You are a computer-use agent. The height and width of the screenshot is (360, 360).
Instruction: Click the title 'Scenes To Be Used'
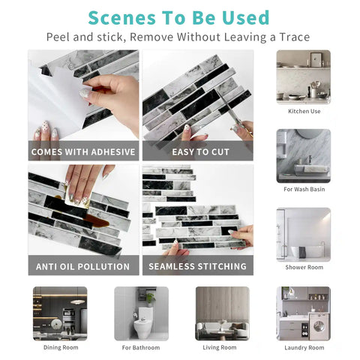point(178,18)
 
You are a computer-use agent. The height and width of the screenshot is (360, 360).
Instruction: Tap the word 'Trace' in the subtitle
point(295,37)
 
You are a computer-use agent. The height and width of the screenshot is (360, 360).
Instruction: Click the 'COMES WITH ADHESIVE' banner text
point(83,151)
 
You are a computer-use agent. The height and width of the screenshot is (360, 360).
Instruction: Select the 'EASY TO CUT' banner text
point(200,152)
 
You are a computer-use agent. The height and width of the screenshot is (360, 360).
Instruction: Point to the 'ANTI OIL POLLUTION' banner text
point(82,266)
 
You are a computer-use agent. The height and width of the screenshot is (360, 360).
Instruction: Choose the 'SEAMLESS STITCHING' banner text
point(197,266)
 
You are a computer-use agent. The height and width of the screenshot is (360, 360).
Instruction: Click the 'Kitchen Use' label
point(304,111)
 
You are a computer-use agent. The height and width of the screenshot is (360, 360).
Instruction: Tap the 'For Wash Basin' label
point(304,189)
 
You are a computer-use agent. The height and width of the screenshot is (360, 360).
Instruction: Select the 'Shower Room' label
point(304,267)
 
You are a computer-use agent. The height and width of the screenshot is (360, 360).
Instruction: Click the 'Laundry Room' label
point(304,348)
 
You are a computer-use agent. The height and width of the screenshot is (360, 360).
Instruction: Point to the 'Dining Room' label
point(61,347)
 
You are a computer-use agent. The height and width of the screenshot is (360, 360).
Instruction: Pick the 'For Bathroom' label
point(141,348)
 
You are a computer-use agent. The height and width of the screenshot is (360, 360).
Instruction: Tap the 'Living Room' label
point(220,347)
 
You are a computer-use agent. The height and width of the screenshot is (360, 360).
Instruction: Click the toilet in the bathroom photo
point(142,322)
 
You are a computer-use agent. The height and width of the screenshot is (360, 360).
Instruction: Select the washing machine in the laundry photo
point(319,325)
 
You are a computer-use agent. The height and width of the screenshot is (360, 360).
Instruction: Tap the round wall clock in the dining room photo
point(57,325)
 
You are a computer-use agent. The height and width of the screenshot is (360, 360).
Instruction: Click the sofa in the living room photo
point(222,329)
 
